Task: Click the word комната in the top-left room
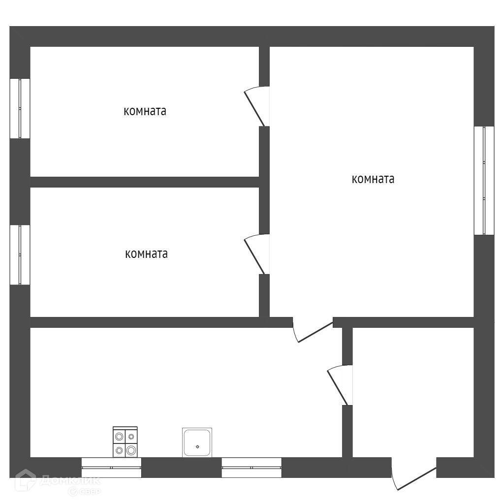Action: tap(145, 111)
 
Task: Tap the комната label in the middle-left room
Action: tap(146, 254)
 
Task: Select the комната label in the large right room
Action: tap(373, 179)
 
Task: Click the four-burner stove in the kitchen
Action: tap(125, 442)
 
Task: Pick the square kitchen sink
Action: tap(197, 442)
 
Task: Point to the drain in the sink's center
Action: tap(197, 447)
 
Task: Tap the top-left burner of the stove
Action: tap(119, 436)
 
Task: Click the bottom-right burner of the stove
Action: tap(131, 449)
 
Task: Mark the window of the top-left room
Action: tap(20, 108)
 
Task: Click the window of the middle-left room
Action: tap(20, 255)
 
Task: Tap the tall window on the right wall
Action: tap(484, 180)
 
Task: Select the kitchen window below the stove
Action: tap(111, 468)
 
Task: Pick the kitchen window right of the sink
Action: tap(252, 468)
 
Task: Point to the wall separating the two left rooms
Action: tap(145, 182)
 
